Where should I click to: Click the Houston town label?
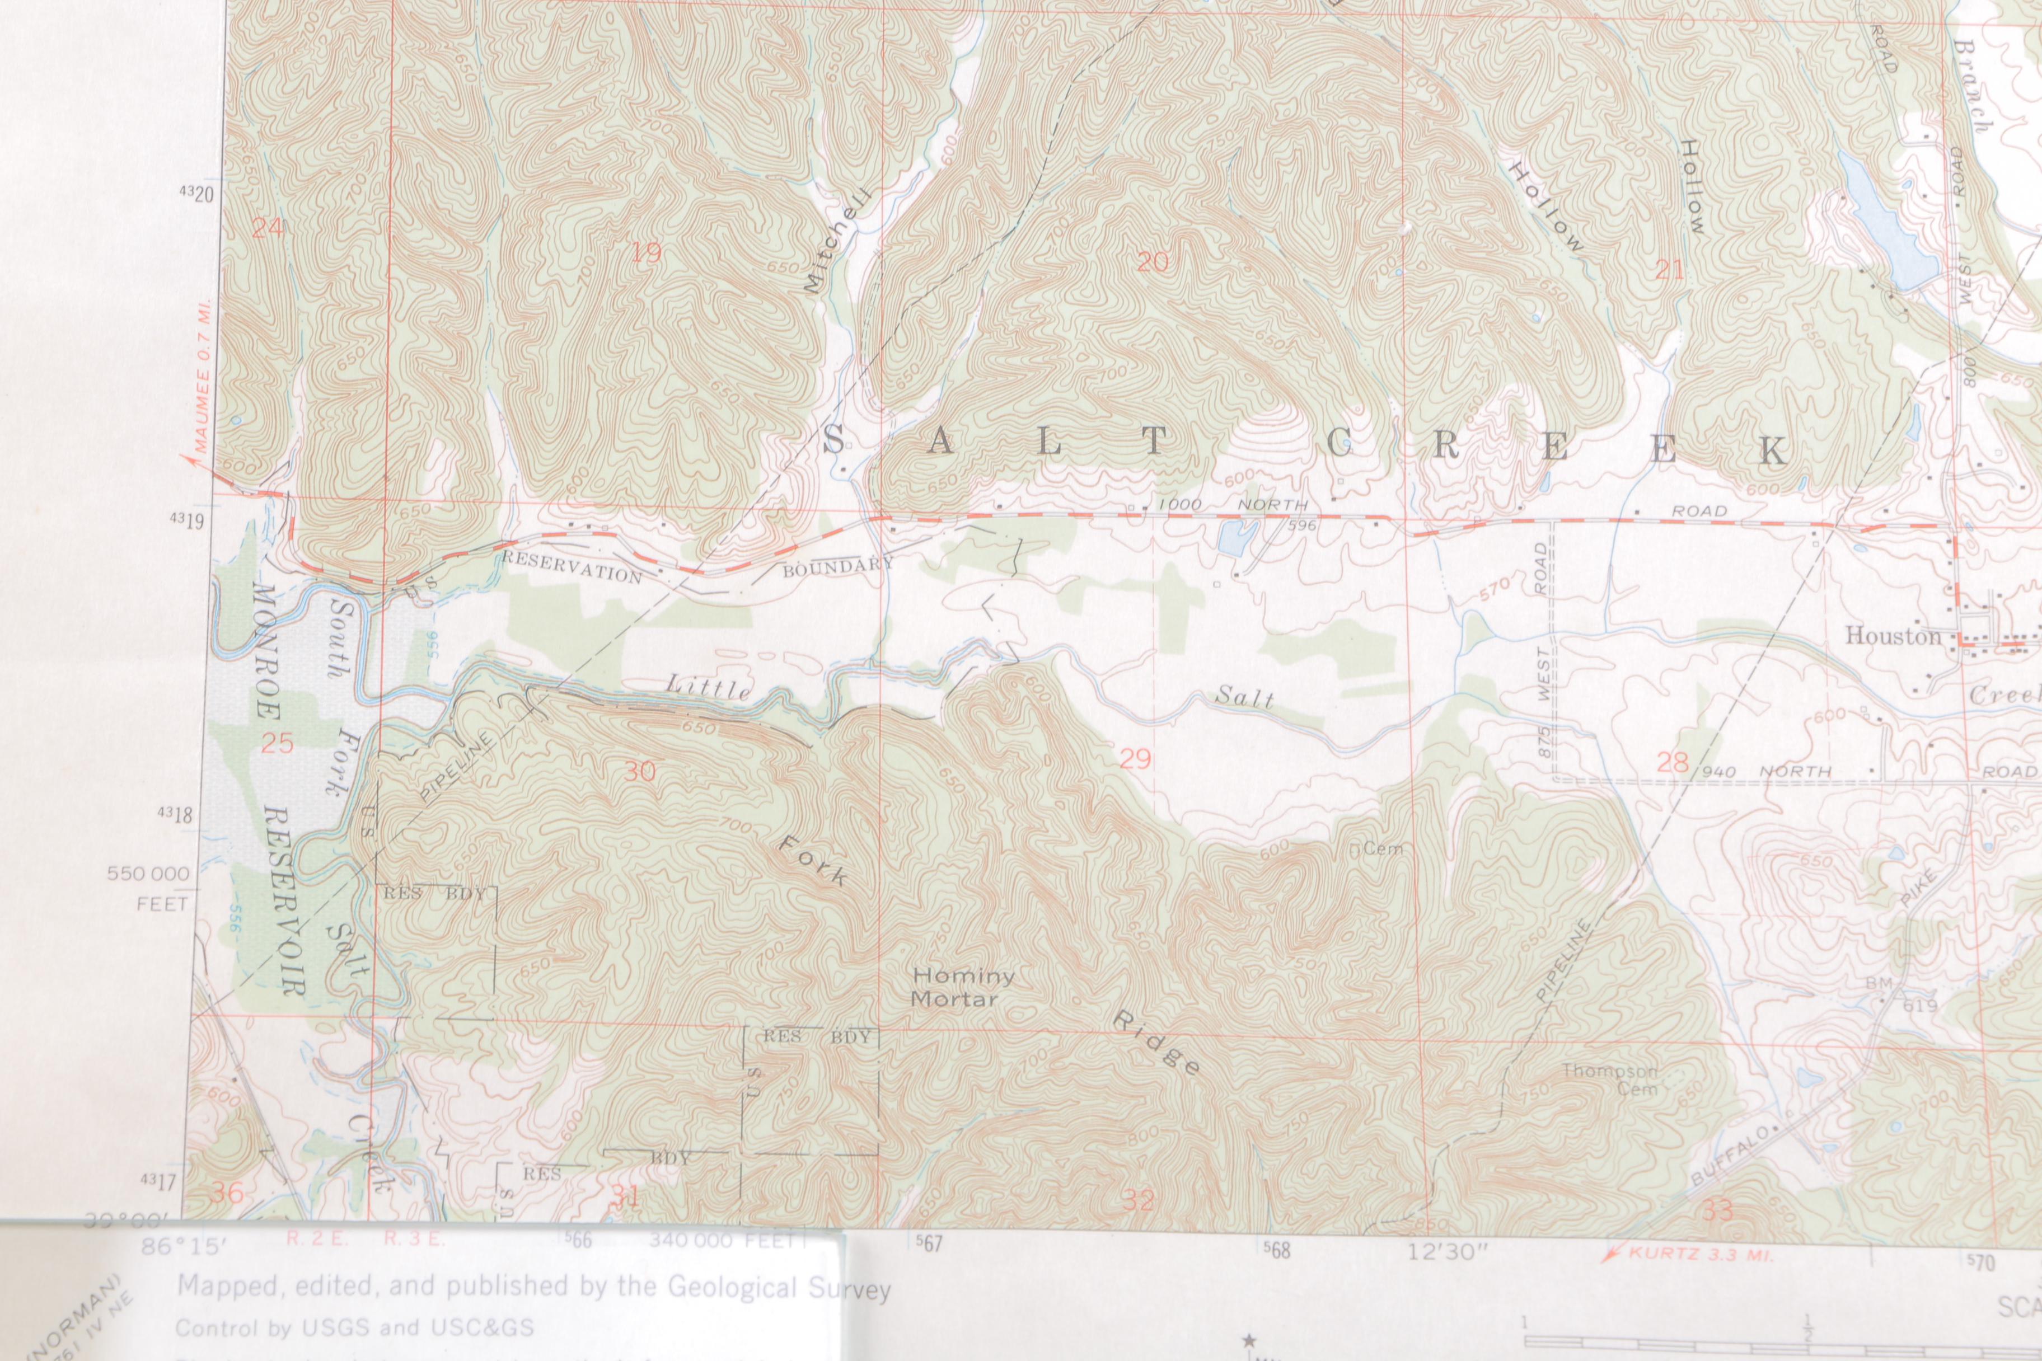1893,636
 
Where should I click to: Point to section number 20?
1152,261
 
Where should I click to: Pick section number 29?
1135,759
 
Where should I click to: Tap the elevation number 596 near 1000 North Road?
1303,525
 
